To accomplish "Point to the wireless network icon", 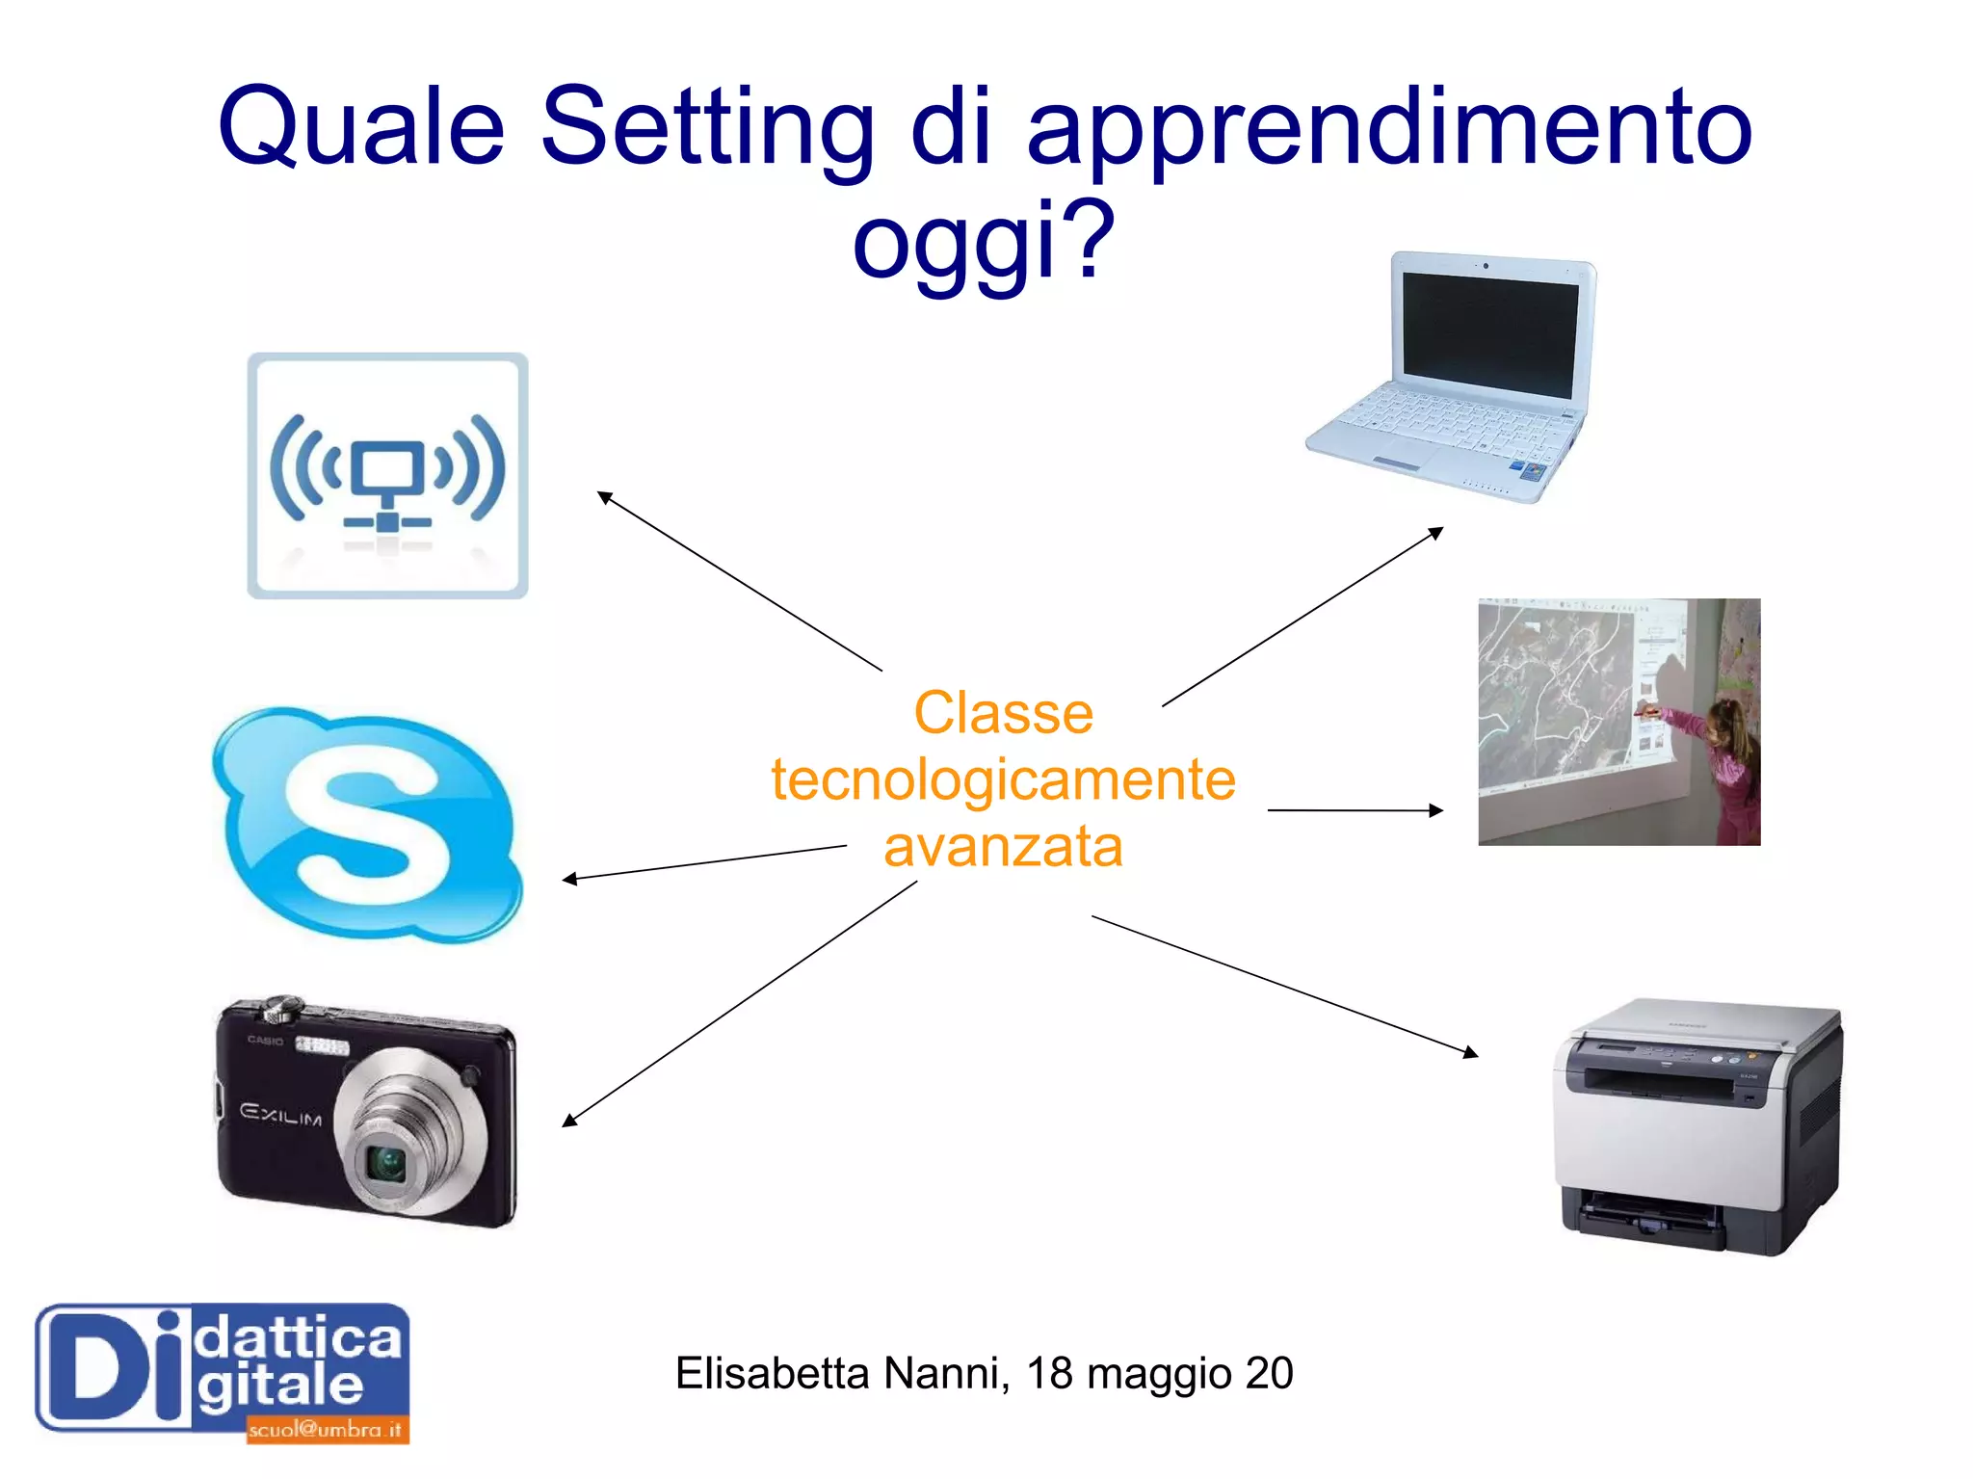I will point(387,476).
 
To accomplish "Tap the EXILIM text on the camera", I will point(280,1115).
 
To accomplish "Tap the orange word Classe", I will point(1003,713).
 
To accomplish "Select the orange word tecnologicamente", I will point(1003,779).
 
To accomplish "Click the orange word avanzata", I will point(1003,846).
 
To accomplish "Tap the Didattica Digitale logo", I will point(223,1373).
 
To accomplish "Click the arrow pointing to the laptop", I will point(1302,617).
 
